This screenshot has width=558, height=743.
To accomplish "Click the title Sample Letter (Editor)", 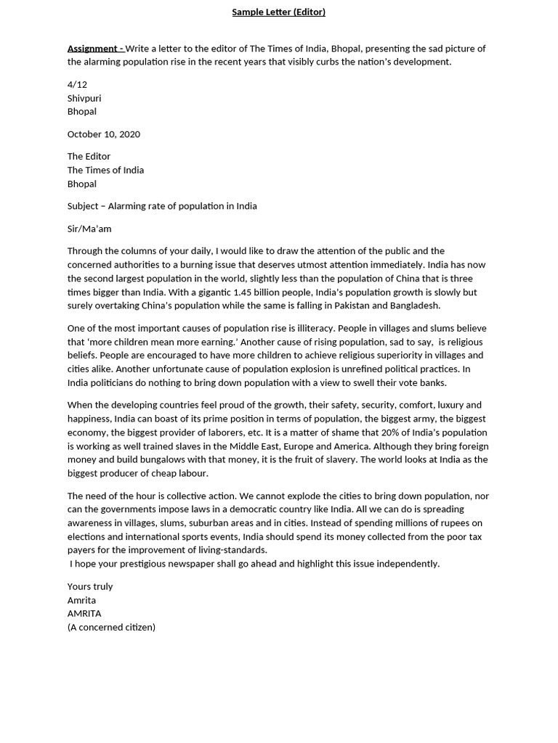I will pos(278,12).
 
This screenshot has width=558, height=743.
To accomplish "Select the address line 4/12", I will pos(77,85).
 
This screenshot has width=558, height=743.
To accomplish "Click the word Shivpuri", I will pos(84,98).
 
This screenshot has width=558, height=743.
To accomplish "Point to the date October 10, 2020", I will pos(104,134).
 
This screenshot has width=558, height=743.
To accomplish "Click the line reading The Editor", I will pos(89,157).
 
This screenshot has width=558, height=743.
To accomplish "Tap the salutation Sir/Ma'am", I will pos(89,229).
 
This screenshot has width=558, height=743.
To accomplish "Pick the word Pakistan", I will pos(353,306).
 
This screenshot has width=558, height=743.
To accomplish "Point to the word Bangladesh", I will pos(414,306).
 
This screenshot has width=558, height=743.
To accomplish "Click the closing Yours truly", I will pos(90,586).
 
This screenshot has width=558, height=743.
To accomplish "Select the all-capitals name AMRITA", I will pos(84,614).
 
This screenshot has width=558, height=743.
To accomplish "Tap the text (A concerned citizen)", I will pos(111,627).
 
